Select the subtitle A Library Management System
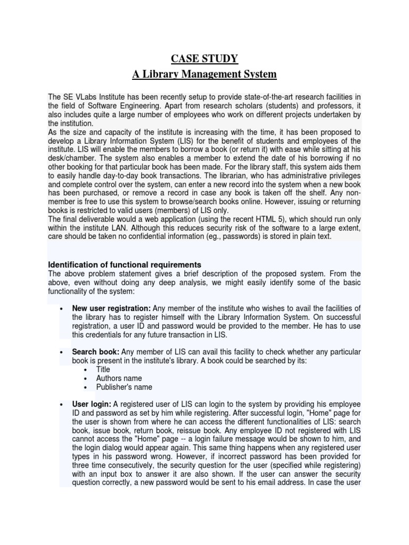204,74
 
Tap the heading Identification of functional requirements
125,265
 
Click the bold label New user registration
111,308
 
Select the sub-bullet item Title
103,369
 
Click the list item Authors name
119,378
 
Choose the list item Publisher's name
124,387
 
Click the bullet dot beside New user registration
62,309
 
